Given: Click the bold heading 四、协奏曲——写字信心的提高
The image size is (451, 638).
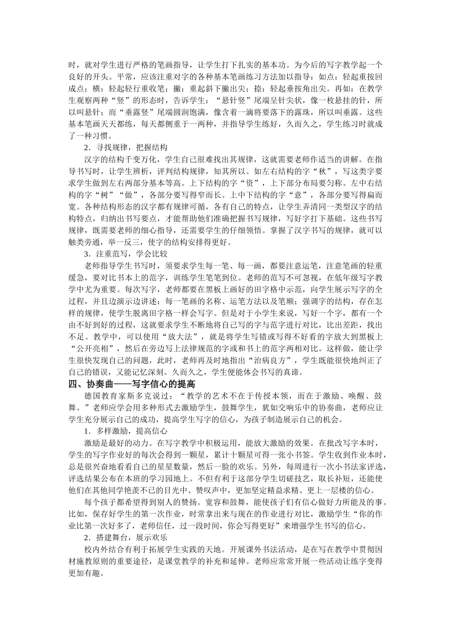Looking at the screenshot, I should [132, 384].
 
